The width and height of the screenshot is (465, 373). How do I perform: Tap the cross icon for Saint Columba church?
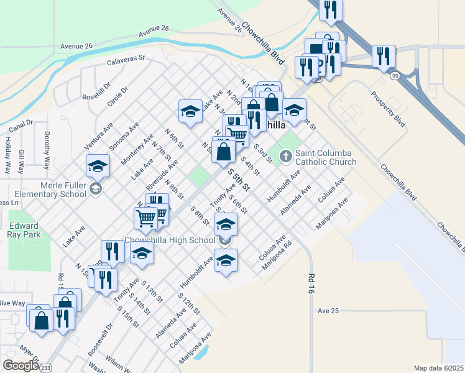click(286, 155)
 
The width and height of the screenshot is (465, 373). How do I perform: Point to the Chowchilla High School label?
click(169, 240)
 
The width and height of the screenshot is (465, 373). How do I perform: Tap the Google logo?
click(21, 366)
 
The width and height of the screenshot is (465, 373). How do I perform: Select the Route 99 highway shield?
click(395, 75)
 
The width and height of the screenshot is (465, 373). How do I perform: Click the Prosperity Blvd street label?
click(388, 109)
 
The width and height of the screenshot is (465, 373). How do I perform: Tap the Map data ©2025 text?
click(438, 368)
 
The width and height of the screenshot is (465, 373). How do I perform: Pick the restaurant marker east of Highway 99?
click(384, 57)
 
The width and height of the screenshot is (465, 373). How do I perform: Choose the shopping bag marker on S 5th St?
click(224, 151)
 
